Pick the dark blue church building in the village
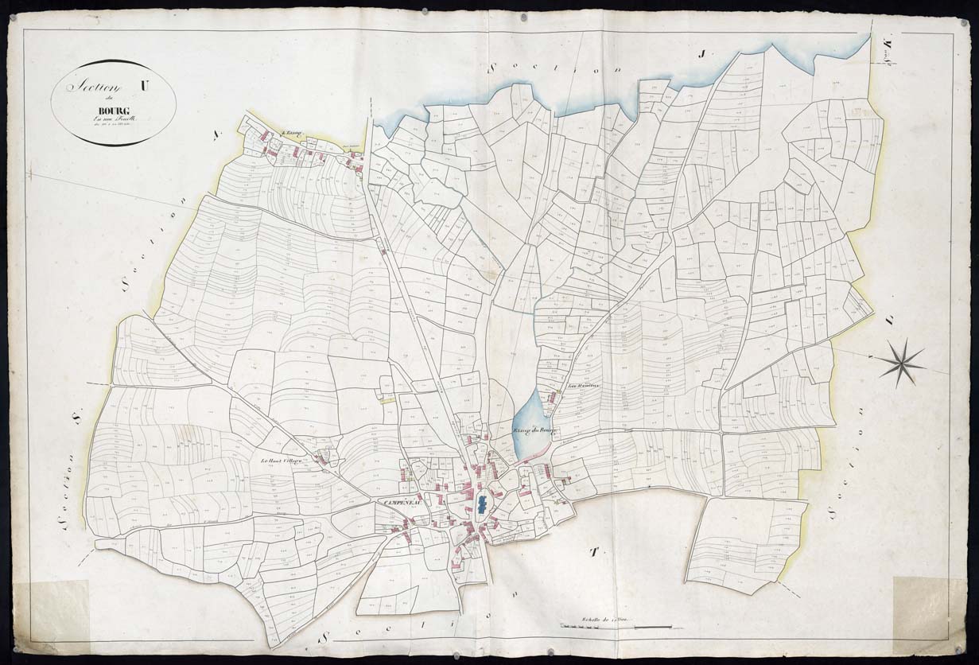tap(482, 504)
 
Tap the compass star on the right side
tap(901, 363)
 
